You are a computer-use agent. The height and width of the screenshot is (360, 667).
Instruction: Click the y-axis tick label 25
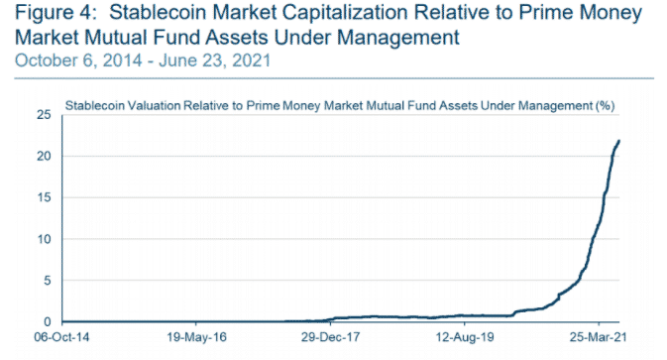pyautogui.click(x=45, y=115)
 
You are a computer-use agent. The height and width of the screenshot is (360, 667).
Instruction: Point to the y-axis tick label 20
pyautogui.click(x=45, y=157)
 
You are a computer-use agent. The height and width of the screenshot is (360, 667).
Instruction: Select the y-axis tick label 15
pyautogui.click(x=45, y=197)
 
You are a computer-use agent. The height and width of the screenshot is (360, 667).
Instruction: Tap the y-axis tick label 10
pyautogui.click(x=45, y=239)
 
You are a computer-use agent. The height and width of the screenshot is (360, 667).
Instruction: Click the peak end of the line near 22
pyautogui.click(x=619, y=141)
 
